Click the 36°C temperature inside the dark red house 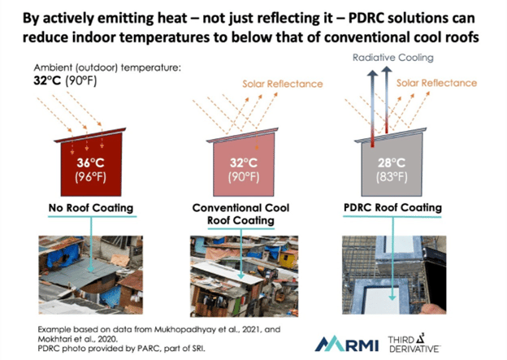(x=90, y=163)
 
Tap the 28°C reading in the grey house (x=392, y=163)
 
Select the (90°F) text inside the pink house (x=244, y=177)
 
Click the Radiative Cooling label (x=393, y=58)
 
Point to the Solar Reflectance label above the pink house (x=283, y=84)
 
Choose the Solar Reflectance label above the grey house (x=436, y=83)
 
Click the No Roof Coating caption (x=91, y=208)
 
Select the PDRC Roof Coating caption (x=392, y=207)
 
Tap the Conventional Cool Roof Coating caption (x=240, y=214)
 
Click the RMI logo (x=347, y=344)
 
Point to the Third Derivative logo (x=414, y=344)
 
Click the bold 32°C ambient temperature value (x=47, y=80)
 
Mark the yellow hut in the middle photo (x=286, y=259)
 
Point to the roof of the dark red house (x=90, y=135)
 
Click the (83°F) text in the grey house (x=392, y=177)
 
